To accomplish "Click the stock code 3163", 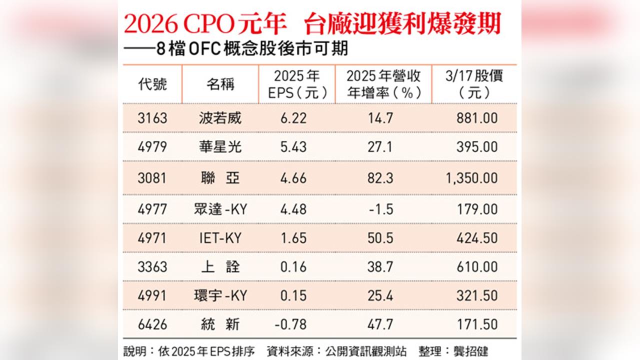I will point(152,118).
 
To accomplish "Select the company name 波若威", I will point(220,118).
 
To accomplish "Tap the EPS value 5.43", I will point(294,147).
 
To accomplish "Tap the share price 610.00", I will point(477,266).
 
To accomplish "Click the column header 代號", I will point(152,84).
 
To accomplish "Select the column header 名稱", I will point(220,84).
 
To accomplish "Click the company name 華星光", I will point(220,147).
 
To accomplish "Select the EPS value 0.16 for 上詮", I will point(294,266).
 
